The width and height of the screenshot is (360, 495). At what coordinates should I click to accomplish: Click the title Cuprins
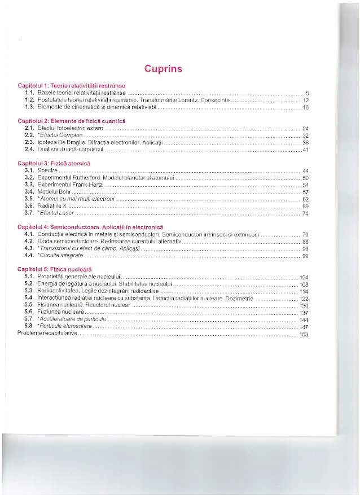[x=163, y=69]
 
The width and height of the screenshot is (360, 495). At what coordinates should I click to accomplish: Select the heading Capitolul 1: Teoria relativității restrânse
[x=71, y=85]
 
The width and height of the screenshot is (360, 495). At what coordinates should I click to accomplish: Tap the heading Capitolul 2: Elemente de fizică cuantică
[x=72, y=121]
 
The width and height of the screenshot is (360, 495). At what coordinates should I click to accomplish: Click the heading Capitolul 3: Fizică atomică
[x=54, y=163]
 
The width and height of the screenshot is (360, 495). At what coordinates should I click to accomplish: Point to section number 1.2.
[x=30, y=99]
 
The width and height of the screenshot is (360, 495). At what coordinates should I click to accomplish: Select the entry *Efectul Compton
[x=59, y=136]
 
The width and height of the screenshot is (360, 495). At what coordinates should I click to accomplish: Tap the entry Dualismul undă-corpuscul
[x=70, y=150]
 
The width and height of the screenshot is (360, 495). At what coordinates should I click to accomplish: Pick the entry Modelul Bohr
[x=54, y=192]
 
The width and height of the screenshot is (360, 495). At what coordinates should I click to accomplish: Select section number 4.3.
[x=30, y=248]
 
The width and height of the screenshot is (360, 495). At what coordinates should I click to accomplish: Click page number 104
[x=303, y=278]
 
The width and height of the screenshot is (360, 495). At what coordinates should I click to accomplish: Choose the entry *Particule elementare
[x=63, y=326]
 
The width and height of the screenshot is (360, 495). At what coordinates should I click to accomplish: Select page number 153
[x=303, y=334]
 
